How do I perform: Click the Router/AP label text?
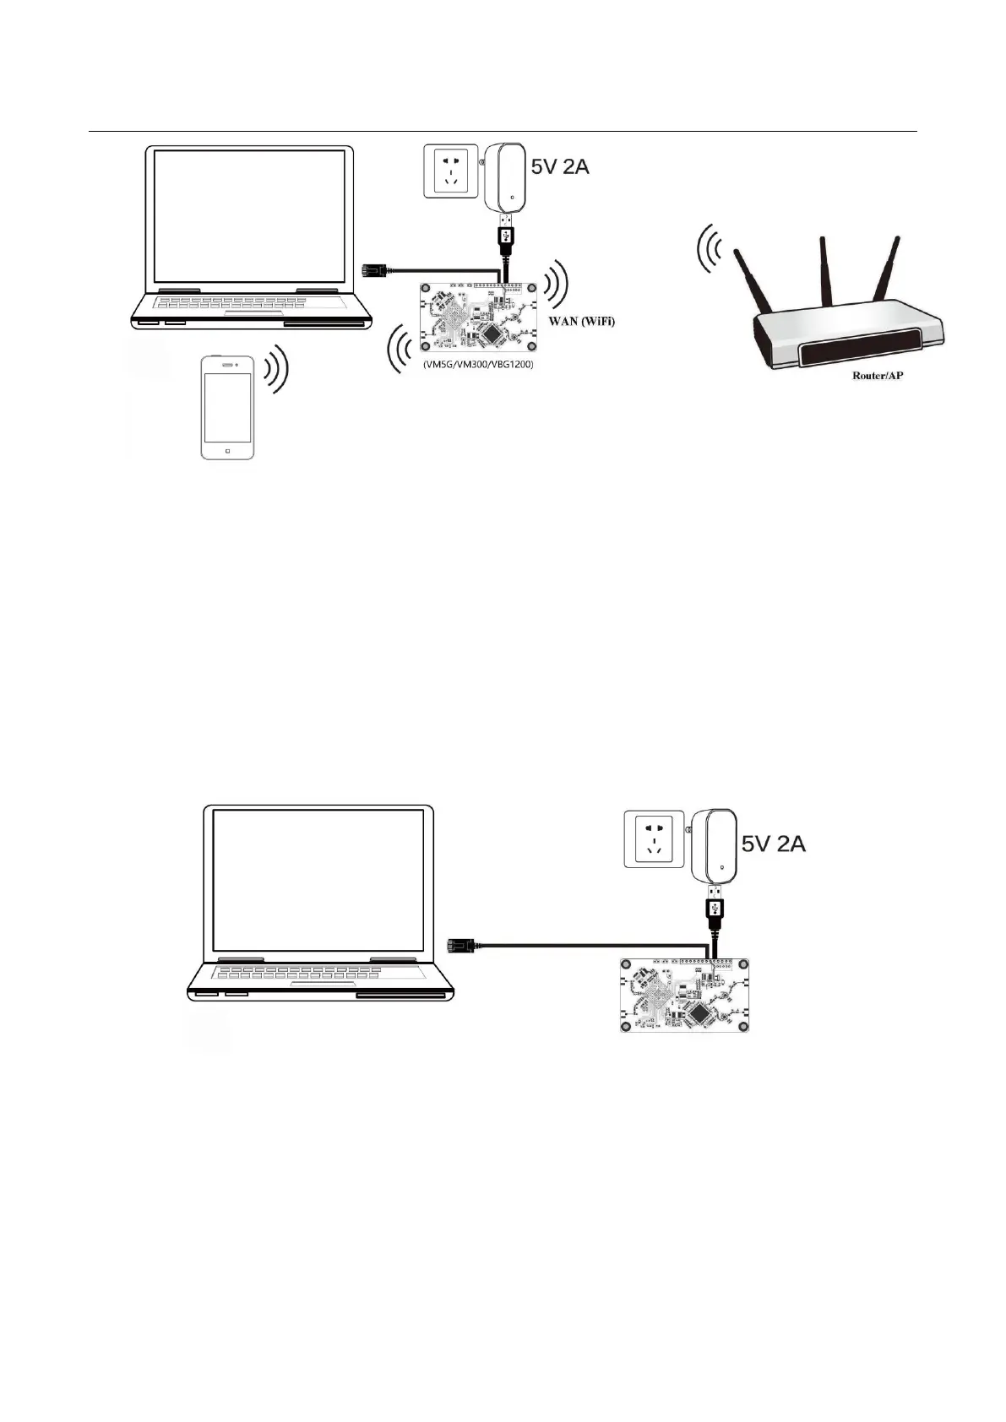(877, 375)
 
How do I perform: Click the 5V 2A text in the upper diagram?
(559, 166)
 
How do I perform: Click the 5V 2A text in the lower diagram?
(773, 843)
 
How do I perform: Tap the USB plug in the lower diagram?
(715, 912)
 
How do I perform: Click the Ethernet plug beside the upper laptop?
(372, 270)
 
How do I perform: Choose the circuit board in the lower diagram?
(685, 995)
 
